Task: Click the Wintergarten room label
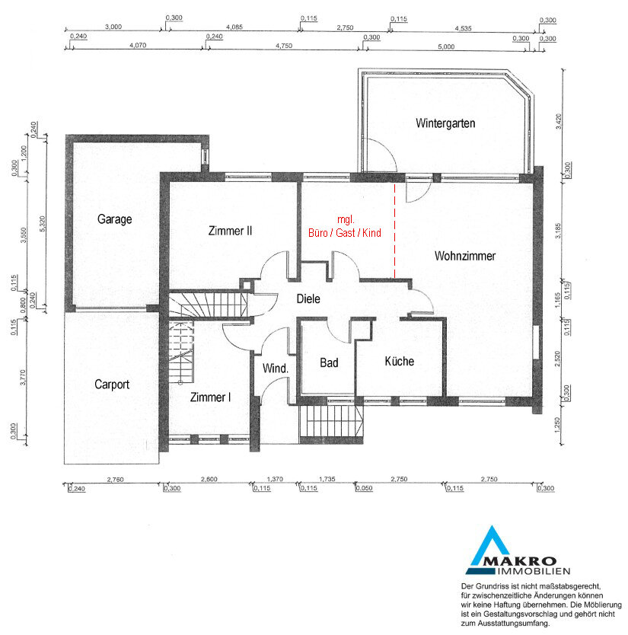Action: click(445, 123)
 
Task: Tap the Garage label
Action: click(115, 219)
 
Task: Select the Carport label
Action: click(112, 385)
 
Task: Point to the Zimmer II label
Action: click(230, 231)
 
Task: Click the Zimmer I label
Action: click(211, 397)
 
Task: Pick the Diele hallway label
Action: click(308, 299)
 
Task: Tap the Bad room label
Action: click(329, 362)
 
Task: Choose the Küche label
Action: click(399, 361)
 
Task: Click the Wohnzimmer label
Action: click(465, 256)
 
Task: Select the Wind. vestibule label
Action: click(276, 369)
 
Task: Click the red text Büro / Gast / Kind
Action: click(345, 233)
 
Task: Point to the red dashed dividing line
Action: click(395, 231)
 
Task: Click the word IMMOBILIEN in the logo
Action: click(534, 571)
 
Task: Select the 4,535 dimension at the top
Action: click(463, 28)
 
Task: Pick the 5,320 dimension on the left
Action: click(43, 224)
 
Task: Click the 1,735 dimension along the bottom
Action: click(327, 479)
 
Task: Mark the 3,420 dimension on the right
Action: click(559, 122)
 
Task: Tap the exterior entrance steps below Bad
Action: click(332, 421)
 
